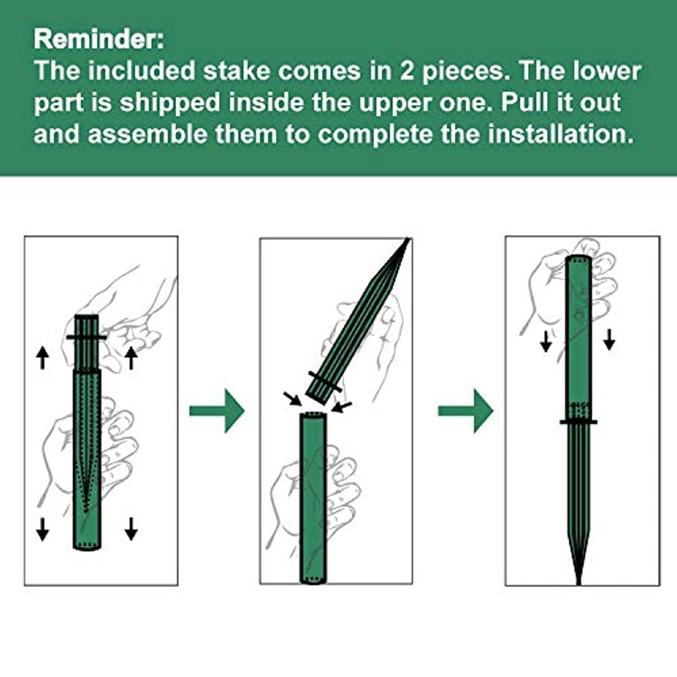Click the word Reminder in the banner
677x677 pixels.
(98, 39)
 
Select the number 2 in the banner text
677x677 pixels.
(408, 71)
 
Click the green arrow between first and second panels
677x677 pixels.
(217, 411)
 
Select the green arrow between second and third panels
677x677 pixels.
(465, 411)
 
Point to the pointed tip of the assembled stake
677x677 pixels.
(579, 583)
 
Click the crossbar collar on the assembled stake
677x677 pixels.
(578, 421)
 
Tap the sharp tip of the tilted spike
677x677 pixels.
(409, 239)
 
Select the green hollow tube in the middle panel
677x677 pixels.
(313, 499)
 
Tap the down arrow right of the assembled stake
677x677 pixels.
(609, 340)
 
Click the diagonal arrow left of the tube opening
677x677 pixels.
(293, 399)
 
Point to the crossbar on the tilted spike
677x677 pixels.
(326, 381)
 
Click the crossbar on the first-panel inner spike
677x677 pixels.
(86, 337)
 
